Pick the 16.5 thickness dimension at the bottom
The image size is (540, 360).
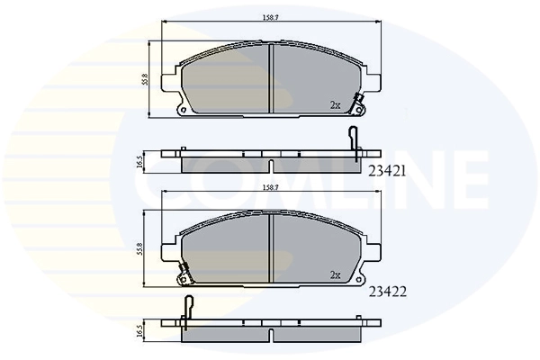click(139, 331)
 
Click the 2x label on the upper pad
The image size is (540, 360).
click(335, 105)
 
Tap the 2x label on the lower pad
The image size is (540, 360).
click(335, 275)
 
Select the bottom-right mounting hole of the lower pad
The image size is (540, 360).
click(358, 282)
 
